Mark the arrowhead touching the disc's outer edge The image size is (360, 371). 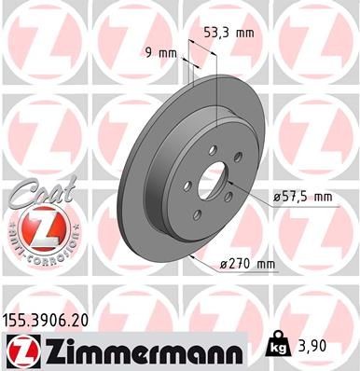[x=191, y=253]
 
